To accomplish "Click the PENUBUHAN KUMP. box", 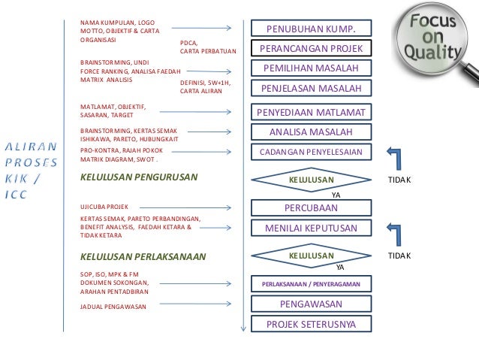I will (x=311, y=29).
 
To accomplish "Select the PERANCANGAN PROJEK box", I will (x=311, y=49).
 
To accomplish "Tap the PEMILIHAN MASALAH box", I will (x=311, y=68).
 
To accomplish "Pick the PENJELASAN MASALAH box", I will (x=311, y=89).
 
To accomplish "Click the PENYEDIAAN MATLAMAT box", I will (x=311, y=113).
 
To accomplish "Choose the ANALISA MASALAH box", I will (x=311, y=132).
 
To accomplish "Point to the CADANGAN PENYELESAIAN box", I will (x=311, y=152).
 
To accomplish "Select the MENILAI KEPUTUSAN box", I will (x=311, y=228).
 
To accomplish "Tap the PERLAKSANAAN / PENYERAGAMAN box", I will (x=311, y=285).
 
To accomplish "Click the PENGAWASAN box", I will (x=311, y=304).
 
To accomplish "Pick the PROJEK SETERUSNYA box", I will (x=311, y=325).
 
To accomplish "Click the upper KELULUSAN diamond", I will (x=311, y=180).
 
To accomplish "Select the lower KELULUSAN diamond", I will (x=311, y=256).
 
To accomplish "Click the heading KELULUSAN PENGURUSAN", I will (x=138, y=177).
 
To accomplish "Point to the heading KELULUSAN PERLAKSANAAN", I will (x=142, y=256).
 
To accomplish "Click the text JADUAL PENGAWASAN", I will (x=113, y=307).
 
